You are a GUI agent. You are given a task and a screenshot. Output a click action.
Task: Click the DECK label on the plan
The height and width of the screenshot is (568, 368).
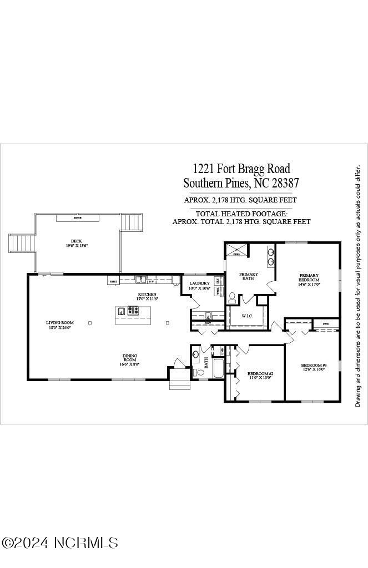tap(77, 241)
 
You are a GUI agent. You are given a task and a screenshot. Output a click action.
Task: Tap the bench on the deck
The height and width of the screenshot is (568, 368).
tap(78, 218)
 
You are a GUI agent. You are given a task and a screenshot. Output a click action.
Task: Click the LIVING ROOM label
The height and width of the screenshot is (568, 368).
tap(59, 322)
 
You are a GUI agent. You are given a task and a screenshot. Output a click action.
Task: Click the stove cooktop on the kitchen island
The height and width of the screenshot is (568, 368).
tap(133, 311)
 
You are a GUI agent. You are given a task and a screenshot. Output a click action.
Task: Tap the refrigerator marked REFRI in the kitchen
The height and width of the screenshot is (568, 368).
tap(113, 281)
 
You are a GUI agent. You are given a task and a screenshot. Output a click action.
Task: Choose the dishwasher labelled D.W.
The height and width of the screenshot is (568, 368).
tap(151, 281)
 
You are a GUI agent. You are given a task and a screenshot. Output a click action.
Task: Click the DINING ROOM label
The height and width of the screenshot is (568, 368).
tap(130, 359)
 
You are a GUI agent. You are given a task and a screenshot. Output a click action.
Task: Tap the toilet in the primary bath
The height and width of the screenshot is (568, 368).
tap(232, 298)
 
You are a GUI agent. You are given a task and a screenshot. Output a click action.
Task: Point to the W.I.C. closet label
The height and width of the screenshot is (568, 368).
tap(247, 316)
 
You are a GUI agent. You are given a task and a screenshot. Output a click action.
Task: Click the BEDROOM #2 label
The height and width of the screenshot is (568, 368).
tap(260, 373)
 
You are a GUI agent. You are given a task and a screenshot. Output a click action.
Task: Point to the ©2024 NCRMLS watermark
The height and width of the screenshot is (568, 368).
tap(60, 542)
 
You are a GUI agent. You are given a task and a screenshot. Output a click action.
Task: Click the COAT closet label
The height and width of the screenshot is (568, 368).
tap(208, 323)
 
